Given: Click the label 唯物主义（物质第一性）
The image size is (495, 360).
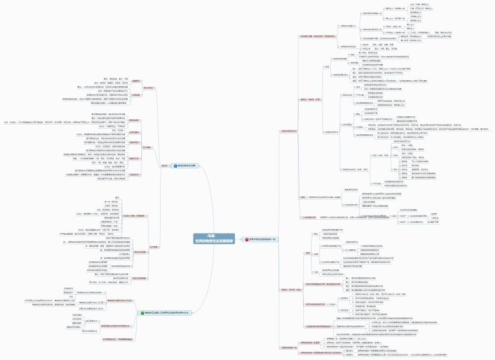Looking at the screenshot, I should tap(395, 9).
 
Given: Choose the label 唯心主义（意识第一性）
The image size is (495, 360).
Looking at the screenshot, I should tap(395, 19).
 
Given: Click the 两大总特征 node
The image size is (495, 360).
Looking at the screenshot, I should tap(147, 87).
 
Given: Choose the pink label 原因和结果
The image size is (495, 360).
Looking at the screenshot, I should tap(134, 120).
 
